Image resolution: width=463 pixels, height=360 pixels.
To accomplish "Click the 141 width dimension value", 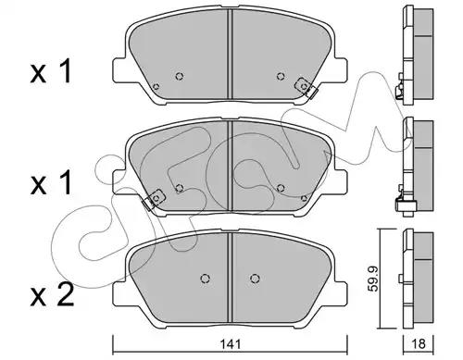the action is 231,343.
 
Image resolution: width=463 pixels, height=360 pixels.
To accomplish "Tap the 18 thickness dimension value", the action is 419,343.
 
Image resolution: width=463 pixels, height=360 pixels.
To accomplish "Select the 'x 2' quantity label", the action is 52,294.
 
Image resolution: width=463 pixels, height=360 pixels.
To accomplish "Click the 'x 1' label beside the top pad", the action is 51,72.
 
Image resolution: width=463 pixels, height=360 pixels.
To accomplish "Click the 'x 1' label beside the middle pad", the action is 51,183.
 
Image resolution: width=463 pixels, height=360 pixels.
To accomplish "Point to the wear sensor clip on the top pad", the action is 306,87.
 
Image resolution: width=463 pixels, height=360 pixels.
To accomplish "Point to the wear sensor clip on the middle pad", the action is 154,199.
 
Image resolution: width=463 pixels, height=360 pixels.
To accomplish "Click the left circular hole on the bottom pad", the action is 205,279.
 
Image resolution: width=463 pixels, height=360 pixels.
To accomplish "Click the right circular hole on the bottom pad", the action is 255,279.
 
